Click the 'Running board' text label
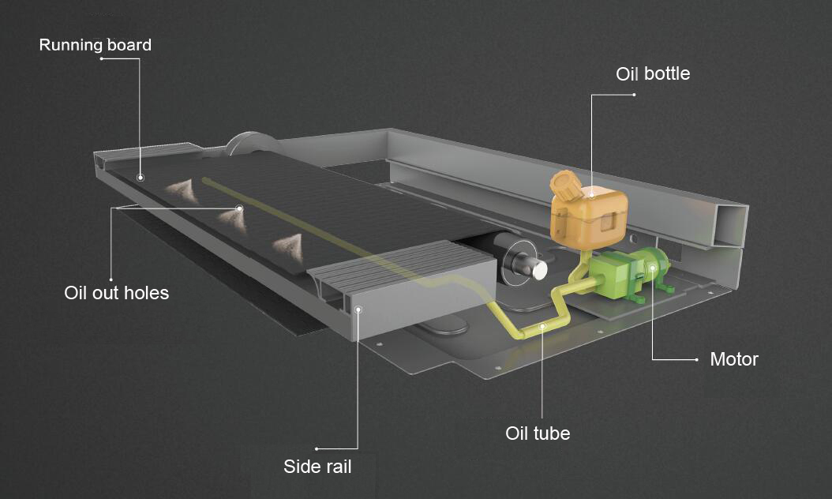click(95, 45)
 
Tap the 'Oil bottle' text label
click(653, 73)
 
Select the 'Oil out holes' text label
click(116, 293)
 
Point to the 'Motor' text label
click(733, 359)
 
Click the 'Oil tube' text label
click(537, 433)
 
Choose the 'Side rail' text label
click(317, 467)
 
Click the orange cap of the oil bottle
click(565, 186)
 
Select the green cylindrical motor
click(654, 268)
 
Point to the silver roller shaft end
click(538, 269)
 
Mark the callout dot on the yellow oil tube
click(542, 325)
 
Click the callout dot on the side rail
click(358, 310)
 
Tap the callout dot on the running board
click(140, 178)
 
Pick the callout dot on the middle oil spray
click(238, 208)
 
